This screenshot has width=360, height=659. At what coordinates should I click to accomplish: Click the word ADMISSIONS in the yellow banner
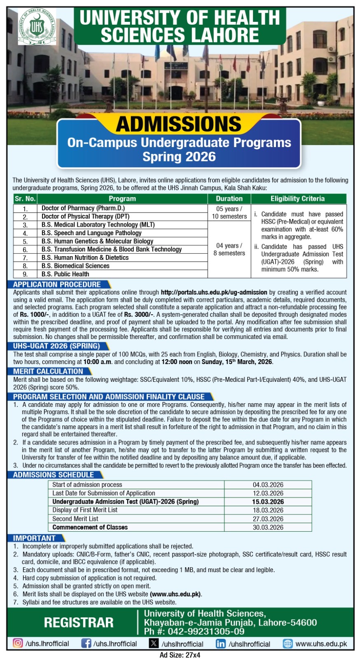tap(178, 124)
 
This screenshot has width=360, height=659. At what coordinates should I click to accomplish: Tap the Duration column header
tap(229, 199)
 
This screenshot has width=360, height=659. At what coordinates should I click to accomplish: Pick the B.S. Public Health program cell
tap(65, 274)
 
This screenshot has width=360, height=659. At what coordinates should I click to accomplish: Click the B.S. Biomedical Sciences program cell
tap(75, 266)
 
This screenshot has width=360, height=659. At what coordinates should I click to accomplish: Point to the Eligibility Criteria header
tap(297, 199)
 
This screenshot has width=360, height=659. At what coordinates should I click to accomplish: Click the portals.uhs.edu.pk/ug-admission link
tap(214, 292)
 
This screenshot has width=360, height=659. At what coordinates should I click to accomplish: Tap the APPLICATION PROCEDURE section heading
tap(57, 285)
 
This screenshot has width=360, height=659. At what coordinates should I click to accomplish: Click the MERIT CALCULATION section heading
tap(48, 371)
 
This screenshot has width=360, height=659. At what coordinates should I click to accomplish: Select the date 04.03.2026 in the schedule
tap(268, 485)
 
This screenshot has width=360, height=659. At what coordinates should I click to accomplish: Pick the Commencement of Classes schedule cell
tap(90, 527)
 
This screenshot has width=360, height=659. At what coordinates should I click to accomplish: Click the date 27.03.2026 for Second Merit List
tap(268, 519)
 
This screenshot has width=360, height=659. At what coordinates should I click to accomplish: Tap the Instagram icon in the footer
tap(18, 643)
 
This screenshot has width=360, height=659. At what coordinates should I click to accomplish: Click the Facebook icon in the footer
tap(86, 643)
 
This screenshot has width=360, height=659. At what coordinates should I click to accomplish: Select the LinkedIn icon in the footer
tap(221, 644)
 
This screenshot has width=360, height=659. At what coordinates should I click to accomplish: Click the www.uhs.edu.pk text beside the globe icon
tap(321, 643)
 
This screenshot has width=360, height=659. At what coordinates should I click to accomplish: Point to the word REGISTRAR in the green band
tap(79, 622)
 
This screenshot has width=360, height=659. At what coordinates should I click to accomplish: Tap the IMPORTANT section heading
tap(34, 538)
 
